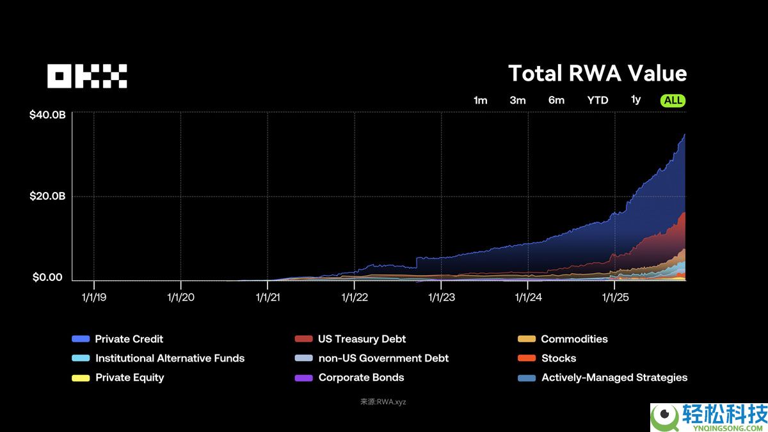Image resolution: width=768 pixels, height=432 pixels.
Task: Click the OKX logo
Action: tap(87, 76)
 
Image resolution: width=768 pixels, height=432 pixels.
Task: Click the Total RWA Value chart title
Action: tap(597, 74)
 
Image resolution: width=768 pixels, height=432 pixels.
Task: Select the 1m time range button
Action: tap(480, 100)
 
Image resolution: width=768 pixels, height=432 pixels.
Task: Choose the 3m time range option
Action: tap(518, 100)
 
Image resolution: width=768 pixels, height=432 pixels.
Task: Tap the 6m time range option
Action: tap(556, 100)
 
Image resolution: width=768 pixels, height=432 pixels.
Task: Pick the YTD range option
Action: tap(598, 100)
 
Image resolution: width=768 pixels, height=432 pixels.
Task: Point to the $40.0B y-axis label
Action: tap(47, 115)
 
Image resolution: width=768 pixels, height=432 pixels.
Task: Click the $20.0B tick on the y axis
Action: tap(47, 196)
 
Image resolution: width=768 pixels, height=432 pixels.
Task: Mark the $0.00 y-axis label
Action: tap(47, 278)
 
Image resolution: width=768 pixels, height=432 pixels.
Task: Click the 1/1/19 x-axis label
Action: tap(95, 297)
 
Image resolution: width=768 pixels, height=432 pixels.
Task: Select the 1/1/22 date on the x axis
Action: tap(355, 297)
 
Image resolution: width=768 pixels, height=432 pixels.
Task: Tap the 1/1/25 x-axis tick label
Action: tap(614, 297)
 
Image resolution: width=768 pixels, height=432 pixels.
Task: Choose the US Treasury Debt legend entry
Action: tap(362, 339)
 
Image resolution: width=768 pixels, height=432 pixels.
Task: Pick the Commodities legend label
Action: tap(574, 339)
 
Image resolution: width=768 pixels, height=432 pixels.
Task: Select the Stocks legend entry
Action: tap(558, 358)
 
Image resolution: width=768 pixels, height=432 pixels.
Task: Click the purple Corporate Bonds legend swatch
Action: tap(303, 378)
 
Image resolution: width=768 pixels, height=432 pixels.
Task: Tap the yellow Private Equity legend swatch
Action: tap(81, 378)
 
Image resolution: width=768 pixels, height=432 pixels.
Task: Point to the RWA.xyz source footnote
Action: tap(383, 402)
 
